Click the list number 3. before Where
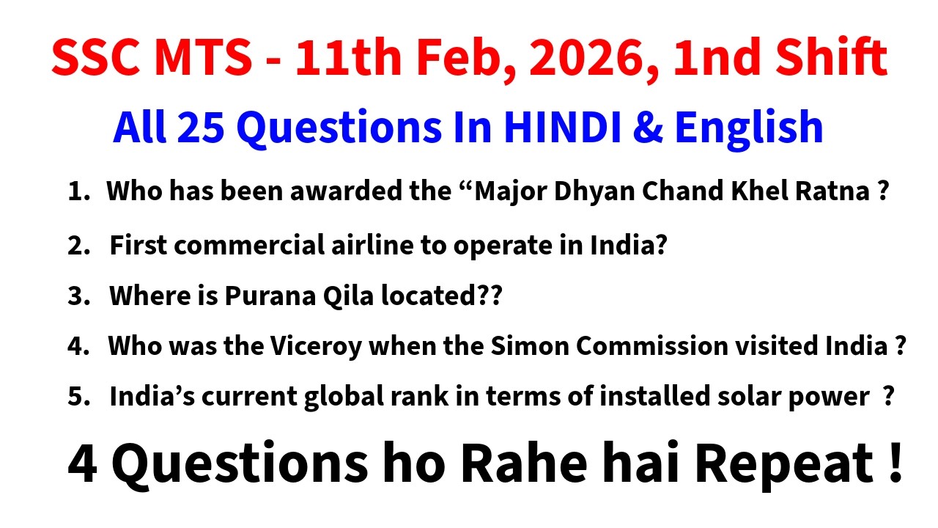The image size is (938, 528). pos(78,297)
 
